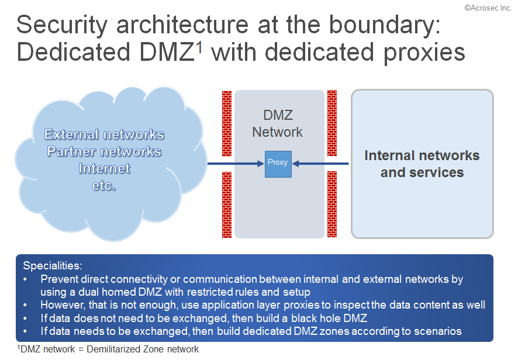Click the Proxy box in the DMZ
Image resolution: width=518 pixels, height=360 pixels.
(278, 164)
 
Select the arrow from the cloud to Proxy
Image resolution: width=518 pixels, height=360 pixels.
(236, 164)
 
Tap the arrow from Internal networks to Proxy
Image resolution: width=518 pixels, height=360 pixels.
(320, 164)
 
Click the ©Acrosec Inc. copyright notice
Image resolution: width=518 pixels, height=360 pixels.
(488, 8)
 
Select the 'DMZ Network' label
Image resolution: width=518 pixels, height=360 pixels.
(278, 123)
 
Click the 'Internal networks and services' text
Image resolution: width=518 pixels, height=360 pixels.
(422, 164)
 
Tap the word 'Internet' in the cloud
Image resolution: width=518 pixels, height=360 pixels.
(105, 168)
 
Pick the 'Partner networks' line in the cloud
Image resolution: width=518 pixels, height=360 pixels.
(105, 151)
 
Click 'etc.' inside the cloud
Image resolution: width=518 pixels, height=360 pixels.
(104, 186)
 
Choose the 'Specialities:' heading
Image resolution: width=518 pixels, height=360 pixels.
(53, 265)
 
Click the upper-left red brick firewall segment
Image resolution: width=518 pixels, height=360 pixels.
(227, 123)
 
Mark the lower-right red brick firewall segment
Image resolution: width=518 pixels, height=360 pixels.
(332, 204)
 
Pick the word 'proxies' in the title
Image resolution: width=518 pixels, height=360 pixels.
(424, 53)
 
